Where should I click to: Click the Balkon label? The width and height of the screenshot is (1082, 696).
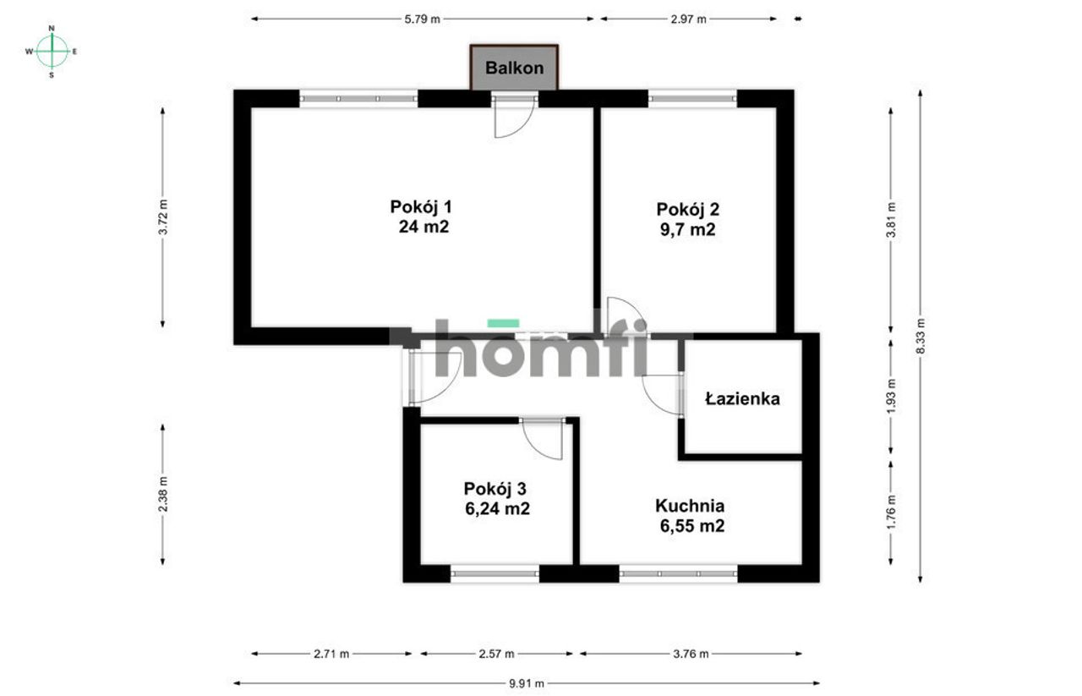(515, 69)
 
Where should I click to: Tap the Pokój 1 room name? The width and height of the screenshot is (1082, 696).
(421, 207)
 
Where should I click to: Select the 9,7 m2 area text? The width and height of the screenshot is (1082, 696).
(688, 229)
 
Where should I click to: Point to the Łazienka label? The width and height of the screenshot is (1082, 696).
(742, 399)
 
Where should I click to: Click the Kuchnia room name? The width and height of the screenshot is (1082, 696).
(690, 506)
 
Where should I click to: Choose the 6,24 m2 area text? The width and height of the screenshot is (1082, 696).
(498, 508)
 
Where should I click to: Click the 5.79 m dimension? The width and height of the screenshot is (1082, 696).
(423, 19)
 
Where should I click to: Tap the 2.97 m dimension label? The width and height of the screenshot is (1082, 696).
(688, 19)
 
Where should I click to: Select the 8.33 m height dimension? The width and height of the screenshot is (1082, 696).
(921, 336)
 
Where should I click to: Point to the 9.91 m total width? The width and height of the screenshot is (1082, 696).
(527, 683)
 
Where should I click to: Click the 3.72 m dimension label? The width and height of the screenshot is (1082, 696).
(164, 217)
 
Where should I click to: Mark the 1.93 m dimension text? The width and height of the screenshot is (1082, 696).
(892, 396)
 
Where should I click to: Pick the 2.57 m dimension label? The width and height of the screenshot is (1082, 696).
(496, 654)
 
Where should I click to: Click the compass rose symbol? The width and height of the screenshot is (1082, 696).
(52, 52)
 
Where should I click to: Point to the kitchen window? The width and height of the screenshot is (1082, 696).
(678, 573)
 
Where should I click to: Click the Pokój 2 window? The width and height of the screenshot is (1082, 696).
(692, 99)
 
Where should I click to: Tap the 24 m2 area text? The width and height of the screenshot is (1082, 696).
(424, 227)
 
